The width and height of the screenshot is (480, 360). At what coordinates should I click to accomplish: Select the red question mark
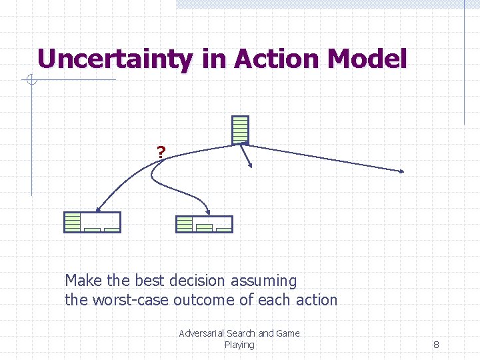point(161,152)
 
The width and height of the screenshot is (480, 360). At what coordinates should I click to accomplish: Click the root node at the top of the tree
point(240,129)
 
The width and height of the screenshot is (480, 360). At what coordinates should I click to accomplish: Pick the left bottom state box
point(92,222)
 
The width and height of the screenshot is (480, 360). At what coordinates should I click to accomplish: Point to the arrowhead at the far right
point(402,172)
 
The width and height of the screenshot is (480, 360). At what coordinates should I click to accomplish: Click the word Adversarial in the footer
point(201,333)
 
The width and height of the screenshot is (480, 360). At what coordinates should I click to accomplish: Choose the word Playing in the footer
point(239,345)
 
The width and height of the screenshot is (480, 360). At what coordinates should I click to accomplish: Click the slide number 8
point(436,345)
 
